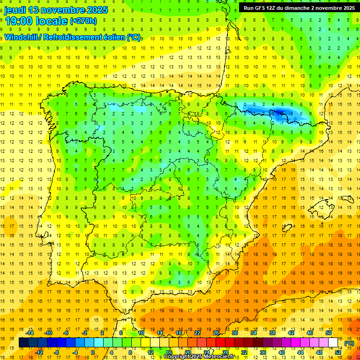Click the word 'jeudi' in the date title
[15, 10]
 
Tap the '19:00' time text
[19, 21]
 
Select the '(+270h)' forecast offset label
[83, 21]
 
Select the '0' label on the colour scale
[93, 352]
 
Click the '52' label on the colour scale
[338, 352]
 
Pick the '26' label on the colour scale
[216, 333]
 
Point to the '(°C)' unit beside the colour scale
[349, 343]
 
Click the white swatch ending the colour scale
[333, 343]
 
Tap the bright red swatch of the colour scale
[220, 343]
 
